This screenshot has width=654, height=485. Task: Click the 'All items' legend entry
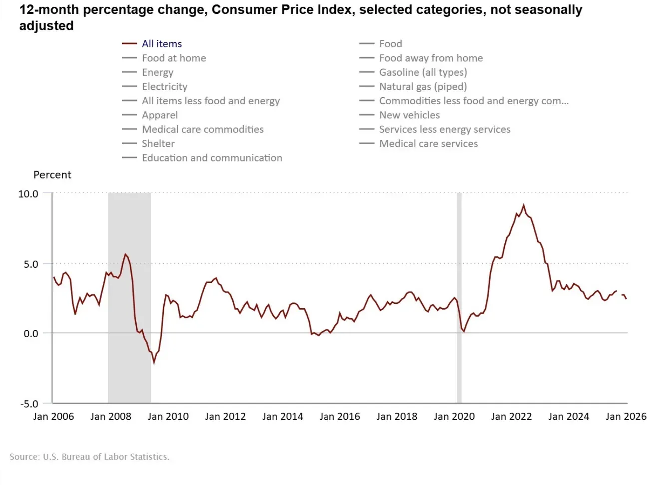pyautogui.click(x=162, y=44)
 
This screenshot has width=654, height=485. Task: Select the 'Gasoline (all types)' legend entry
pyautogui.click(x=423, y=72)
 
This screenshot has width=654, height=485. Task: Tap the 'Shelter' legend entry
pyautogui.click(x=158, y=144)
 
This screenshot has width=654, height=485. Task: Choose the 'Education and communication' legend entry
pyautogui.click(x=212, y=158)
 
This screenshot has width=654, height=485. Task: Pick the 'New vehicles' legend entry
pyautogui.click(x=409, y=115)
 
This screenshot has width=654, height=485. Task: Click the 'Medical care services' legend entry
pyautogui.click(x=428, y=144)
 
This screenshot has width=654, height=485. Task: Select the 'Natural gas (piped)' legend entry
pyautogui.click(x=423, y=87)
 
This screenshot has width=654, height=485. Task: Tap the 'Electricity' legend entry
pyautogui.click(x=164, y=87)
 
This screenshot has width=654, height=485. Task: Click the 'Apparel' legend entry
pyautogui.click(x=160, y=115)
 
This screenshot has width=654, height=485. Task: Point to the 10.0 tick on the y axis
pyautogui.click(x=28, y=194)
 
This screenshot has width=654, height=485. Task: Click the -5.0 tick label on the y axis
pyautogui.click(x=28, y=404)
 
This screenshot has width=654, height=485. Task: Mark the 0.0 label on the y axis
pyautogui.click(x=31, y=334)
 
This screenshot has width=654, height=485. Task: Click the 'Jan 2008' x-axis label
pyautogui.click(x=111, y=417)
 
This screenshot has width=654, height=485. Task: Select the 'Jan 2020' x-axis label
pyautogui.click(x=454, y=417)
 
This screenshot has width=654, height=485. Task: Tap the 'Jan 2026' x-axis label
pyautogui.click(x=626, y=417)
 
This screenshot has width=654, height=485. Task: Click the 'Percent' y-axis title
pyautogui.click(x=52, y=175)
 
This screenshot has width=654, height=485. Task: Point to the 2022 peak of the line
pyautogui.click(x=523, y=205)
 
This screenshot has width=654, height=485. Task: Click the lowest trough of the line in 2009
pyautogui.click(x=154, y=363)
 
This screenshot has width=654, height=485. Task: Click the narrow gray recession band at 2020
pyautogui.click(x=459, y=300)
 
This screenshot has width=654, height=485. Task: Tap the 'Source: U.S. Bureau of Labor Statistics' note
pyautogui.click(x=90, y=457)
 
